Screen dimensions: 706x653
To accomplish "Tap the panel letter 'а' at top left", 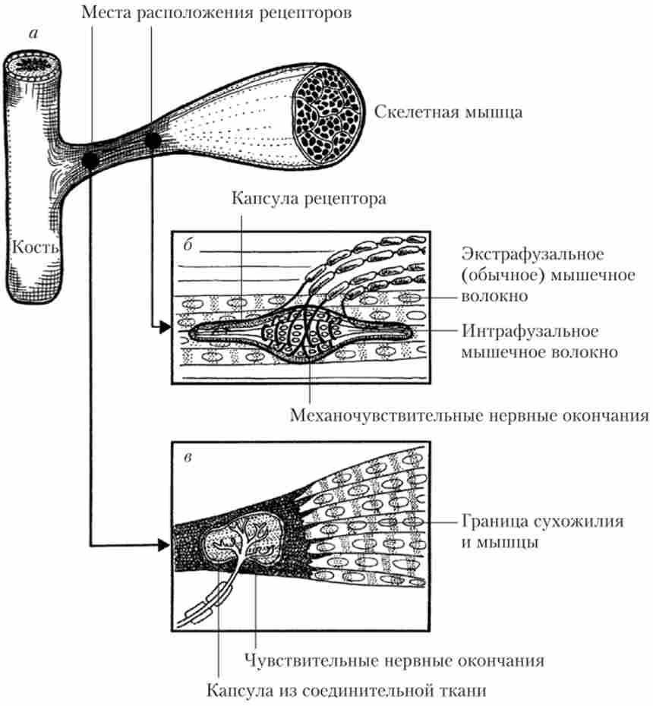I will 32,33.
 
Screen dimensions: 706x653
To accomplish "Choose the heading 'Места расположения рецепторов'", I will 217,14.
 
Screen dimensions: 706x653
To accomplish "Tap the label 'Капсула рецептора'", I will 309,200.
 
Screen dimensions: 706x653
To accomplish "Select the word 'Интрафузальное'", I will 531,332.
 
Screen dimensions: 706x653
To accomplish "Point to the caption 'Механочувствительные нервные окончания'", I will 469,416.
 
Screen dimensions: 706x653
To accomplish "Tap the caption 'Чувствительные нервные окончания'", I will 396,660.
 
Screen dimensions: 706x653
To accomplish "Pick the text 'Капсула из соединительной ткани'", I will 345,691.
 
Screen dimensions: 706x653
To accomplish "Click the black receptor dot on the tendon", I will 90,160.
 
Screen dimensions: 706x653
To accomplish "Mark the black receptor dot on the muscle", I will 152,140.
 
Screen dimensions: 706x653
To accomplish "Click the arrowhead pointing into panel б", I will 162,327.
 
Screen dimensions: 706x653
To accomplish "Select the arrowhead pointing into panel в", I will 163,544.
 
